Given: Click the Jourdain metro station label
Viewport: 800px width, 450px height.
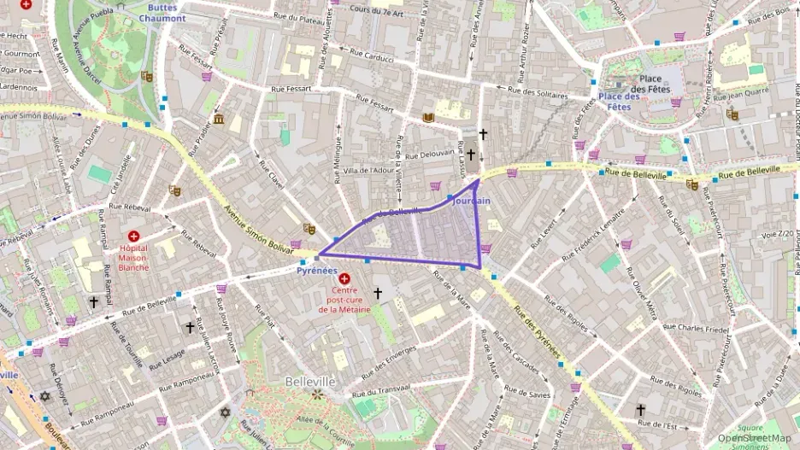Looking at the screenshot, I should (x=471, y=201).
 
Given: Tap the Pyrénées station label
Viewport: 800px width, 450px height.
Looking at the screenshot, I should (x=316, y=271).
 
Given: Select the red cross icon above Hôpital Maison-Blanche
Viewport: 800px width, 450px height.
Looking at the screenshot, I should (x=133, y=236).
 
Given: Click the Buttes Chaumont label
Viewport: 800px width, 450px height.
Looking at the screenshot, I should (x=162, y=13).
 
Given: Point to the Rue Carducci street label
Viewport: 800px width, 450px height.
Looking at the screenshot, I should (x=370, y=60).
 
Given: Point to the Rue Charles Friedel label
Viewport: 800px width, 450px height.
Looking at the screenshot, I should (x=696, y=328).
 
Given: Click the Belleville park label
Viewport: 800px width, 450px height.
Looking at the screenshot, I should (x=310, y=381).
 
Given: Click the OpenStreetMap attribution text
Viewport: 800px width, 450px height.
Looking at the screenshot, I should (x=754, y=438).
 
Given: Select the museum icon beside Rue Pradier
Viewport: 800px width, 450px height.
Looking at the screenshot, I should (x=220, y=119).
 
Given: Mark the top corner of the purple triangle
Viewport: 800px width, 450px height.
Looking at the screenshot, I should (x=477, y=180).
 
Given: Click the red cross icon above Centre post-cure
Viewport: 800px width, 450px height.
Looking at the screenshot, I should (x=344, y=278).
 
